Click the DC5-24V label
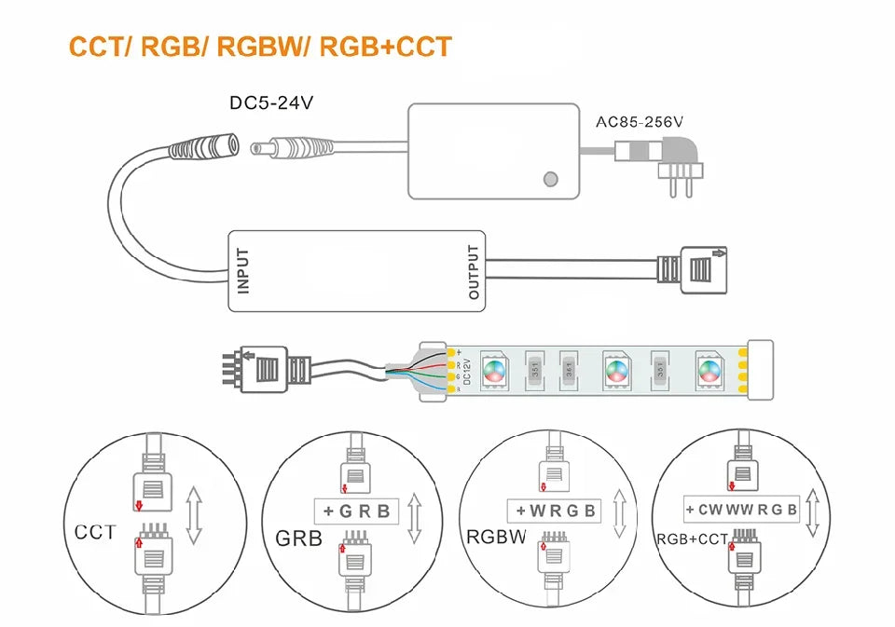click(270, 102)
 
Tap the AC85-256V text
click(639, 121)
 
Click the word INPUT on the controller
click(244, 270)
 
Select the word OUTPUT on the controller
click(474, 271)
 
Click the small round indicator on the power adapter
click(551, 178)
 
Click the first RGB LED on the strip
click(494, 369)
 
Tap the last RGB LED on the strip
click(709, 369)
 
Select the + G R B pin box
click(355, 511)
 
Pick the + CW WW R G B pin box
click(742, 509)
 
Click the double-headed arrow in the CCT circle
click(194, 514)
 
